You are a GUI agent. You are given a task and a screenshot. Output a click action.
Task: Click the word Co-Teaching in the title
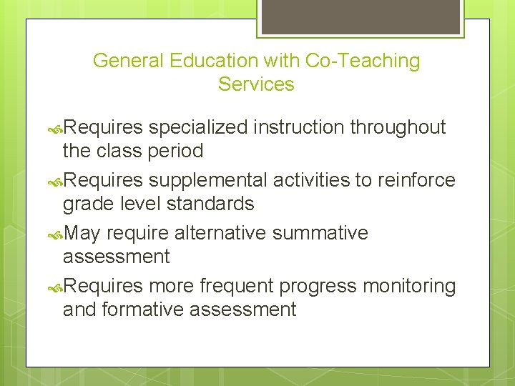pyautogui.click(x=363, y=61)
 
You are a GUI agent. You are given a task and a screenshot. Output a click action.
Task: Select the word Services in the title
pyautogui.click(x=256, y=84)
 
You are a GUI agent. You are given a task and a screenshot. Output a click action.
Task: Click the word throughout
pyautogui.click(x=398, y=128)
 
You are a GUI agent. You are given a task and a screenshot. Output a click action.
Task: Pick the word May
pyautogui.click(x=82, y=233)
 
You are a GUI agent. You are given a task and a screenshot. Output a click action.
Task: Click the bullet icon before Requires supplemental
pyautogui.click(x=55, y=182)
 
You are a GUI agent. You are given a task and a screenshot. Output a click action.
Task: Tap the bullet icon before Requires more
pyautogui.click(x=55, y=287)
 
